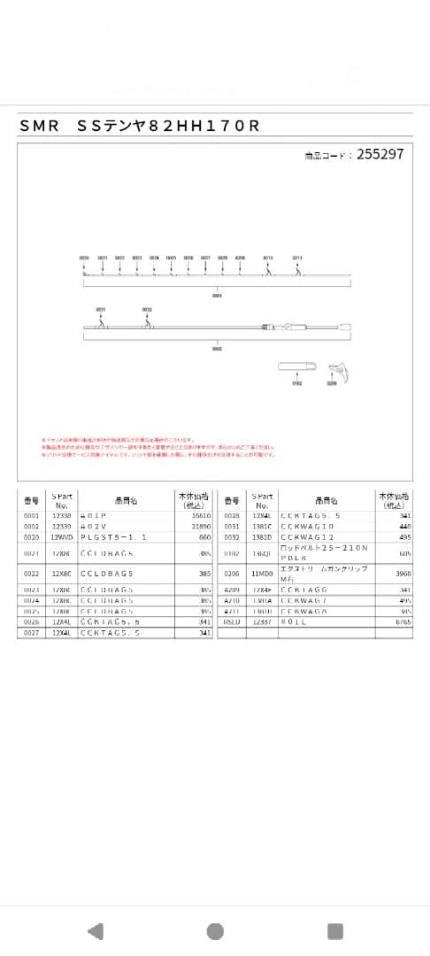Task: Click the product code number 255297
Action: pyautogui.click(x=380, y=154)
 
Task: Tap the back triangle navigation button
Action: pyautogui.click(x=96, y=930)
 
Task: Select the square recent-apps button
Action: pyautogui.click(x=334, y=930)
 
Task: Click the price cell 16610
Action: pyautogui.click(x=201, y=514)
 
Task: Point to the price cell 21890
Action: pyautogui.click(x=201, y=526)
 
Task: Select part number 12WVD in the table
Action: pyautogui.click(x=61, y=537)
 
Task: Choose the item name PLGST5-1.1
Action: pyautogui.click(x=113, y=537)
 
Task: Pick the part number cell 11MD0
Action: pyautogui.click(x=261, y=573)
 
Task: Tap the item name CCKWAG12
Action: pyautogui.click(x=307, y=537)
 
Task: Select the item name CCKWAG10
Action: pyautogui.click(x=307, y=526)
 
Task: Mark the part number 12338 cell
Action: pyautogui.click(x=61, y=514)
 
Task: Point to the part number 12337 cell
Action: pyautogui.click(x=261, y=621)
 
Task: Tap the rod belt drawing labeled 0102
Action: pyautogui.click(x=297, y=368)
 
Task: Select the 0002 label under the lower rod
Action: pyautogui.click(x=217, y=349)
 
